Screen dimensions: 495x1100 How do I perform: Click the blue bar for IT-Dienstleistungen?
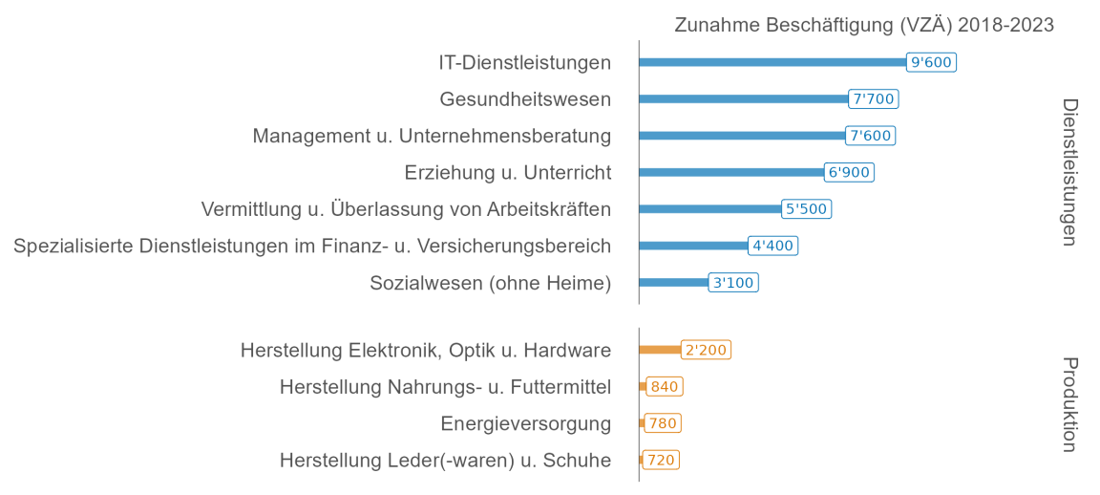coord(772,62)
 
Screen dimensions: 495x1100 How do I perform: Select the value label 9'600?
coord(931,62)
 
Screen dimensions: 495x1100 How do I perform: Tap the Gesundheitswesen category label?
coord(525,99)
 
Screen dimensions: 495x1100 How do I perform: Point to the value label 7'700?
coord(873,98)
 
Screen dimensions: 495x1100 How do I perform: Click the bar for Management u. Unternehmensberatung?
coord(742,136)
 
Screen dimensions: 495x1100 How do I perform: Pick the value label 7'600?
coord(870,136)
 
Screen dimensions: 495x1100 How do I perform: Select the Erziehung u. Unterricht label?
coord(507,173)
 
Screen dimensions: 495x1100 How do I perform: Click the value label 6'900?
coord(849,172)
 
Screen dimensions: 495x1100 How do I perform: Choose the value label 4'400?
coord(772,246)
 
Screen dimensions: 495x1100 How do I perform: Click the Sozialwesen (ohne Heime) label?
coord(490,283)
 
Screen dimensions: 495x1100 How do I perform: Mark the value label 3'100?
coord(733,283)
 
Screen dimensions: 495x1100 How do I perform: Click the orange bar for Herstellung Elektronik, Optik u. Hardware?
coord(660,350)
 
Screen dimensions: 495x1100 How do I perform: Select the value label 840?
coord(665,386)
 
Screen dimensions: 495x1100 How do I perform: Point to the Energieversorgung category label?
coord(525,423)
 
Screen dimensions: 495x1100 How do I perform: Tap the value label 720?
coord(661,460)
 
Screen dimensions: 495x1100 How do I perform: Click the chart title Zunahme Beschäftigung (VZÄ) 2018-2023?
coord(863,26)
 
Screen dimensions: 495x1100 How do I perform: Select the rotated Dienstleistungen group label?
coord(1069,172)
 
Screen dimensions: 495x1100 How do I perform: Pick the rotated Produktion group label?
coord(1069,404)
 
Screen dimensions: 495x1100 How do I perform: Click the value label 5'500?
coord(806,209)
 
